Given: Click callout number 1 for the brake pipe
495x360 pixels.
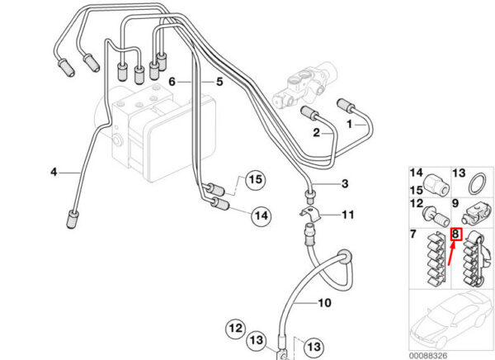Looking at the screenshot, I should point(349,123).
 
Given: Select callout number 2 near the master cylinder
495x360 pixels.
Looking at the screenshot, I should point(316,132).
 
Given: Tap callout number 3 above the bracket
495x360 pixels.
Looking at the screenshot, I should point(345,183).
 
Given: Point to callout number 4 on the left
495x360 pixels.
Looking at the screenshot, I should point(54,172).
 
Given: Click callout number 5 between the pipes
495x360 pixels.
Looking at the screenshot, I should point(219,82).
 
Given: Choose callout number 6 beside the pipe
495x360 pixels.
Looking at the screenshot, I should point(173,82).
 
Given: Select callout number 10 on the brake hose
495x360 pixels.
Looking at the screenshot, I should point(324,303).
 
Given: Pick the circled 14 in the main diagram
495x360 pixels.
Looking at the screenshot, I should point(261,216).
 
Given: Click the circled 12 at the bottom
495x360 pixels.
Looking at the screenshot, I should point(236,329).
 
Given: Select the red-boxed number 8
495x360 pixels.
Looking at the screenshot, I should point(456,235).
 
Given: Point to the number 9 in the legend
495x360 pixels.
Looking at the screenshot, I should point(455,203).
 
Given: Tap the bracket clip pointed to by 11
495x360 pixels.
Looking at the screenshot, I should point(310,219).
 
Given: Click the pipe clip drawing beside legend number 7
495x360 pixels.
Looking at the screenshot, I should point(433,260).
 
